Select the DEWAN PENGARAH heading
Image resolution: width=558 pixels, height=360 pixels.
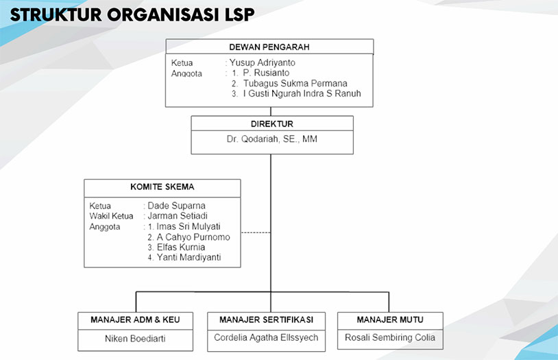pos(269,47)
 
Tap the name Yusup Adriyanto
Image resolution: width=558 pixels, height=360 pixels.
pos(263,63)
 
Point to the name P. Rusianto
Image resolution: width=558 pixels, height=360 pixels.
pos(266,73)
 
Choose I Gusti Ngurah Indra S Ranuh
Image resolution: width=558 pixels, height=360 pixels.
pos(302,94)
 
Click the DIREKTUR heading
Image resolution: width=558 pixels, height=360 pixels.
pos(272,124)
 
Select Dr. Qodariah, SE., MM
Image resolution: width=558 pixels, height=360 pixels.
pos(272,139)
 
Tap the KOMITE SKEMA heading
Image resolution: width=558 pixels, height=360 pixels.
pos(162,187)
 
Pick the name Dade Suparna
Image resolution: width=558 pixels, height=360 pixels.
pos(177,206)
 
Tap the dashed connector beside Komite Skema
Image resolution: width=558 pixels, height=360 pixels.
pos(256,232)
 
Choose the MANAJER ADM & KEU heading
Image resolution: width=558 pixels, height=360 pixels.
pos(135,320)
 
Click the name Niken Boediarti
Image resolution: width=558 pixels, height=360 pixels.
pos(135,338)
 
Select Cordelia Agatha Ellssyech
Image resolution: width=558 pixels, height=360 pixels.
pos(266,337)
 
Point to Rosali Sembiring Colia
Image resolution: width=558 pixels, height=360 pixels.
pos(390,337)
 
